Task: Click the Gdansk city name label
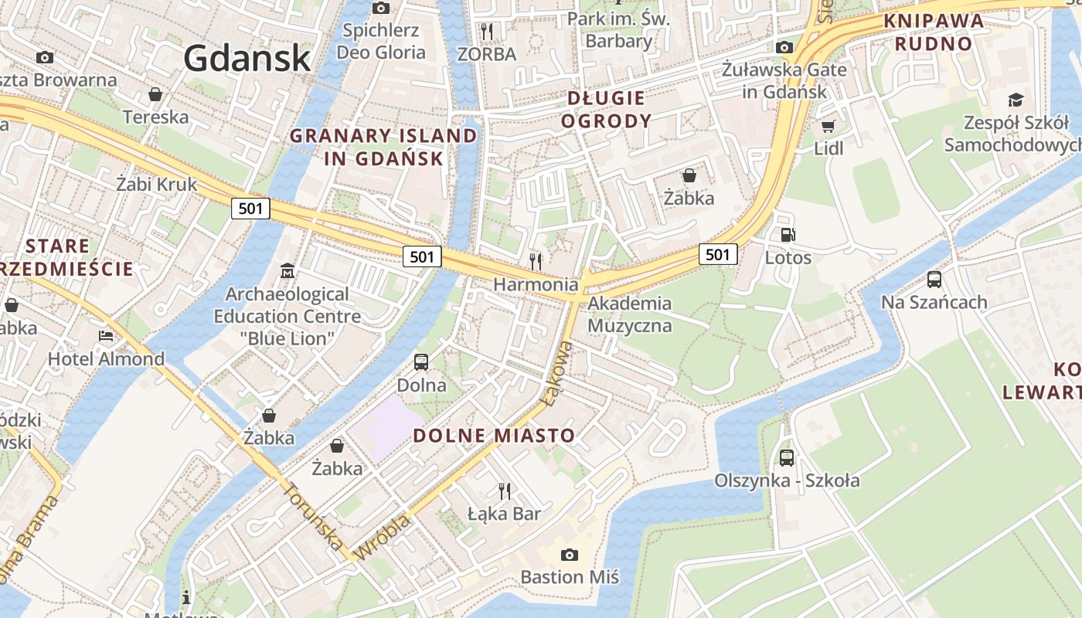pos(247,58)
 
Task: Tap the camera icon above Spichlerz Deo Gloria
pos(381,8)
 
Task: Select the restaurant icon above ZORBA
pos(487,31)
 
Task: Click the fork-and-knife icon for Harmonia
pos(536,261)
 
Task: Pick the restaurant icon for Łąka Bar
pos(505,491)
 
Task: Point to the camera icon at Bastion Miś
pos(570,555)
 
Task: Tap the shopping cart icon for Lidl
pos(829,126)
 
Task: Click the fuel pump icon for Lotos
pos(788,235)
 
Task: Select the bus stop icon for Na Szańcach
pos(934,280)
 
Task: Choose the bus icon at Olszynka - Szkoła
pos(787,458)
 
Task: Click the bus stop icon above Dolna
pos(421,362)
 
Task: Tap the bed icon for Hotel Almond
pos(106,336)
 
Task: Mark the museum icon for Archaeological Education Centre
pos(288,271)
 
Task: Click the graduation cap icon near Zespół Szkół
pos(1015,100)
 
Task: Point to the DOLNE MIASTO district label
pos(494,435)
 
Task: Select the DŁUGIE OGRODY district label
pos(606,110)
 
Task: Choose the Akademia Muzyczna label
pos(629,314)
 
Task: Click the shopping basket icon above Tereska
pos(155,95)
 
